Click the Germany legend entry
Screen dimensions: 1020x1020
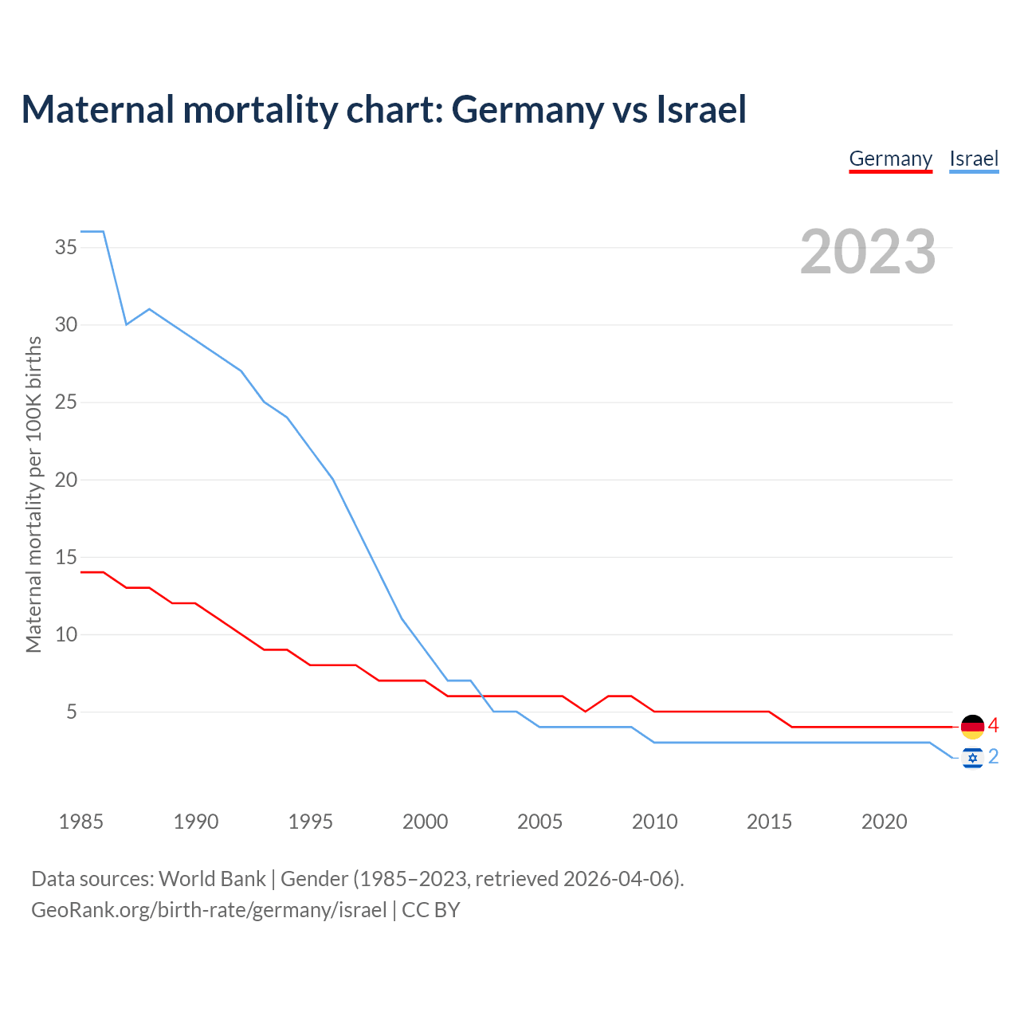890,159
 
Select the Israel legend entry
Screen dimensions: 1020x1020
974,159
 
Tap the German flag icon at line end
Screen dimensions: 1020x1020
972,727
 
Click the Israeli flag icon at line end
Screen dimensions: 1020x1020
972,757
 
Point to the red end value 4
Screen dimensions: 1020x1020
993,726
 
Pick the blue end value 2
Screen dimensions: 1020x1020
993,756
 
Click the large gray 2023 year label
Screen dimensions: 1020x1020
868,252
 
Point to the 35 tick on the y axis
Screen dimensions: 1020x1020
66,247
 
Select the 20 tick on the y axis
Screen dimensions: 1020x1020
66,480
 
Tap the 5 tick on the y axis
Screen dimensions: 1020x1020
72,712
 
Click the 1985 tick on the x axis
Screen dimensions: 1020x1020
81,822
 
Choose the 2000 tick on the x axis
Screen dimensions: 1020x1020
425,822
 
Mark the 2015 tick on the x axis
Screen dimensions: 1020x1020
769,822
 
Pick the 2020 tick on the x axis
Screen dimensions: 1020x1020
884,822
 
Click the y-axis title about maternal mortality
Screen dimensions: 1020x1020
33,494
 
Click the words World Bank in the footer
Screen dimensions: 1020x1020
212,879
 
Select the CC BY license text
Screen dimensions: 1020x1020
431,910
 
